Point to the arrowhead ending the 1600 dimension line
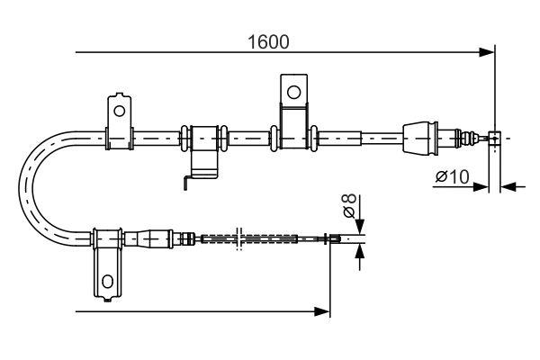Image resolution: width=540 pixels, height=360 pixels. tap(488, 52)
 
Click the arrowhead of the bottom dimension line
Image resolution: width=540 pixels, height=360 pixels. tap(324, 311)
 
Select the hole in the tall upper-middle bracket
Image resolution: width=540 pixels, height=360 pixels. tap(292, 91)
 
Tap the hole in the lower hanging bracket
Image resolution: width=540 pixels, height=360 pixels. tap(107, 282)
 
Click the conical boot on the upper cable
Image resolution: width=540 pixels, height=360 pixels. tap(419, 138)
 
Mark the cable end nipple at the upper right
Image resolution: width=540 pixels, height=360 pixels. tap(493, 138)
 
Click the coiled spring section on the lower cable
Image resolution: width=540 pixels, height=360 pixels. tap(247, 238)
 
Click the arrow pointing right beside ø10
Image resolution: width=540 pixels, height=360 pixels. tap(481, 187)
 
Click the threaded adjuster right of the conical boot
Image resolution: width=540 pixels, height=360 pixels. tap(467, 138)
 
